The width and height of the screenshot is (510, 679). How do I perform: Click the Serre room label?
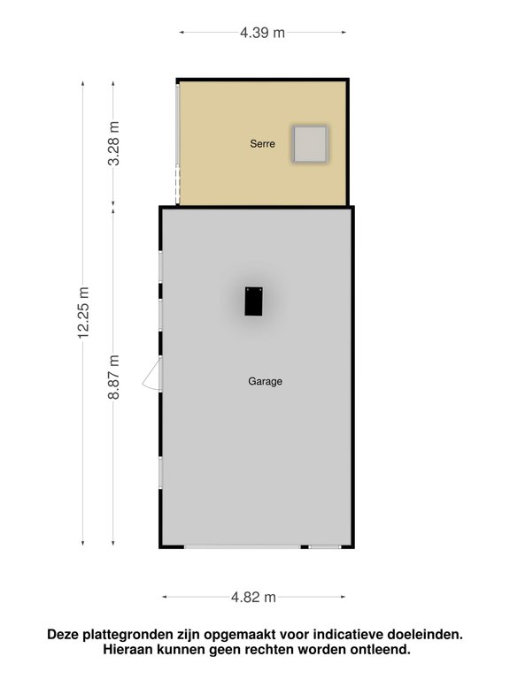262,143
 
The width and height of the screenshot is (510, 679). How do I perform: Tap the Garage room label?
265,381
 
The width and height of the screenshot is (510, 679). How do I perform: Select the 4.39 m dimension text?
262,33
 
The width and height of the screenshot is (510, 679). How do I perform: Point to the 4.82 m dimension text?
253,597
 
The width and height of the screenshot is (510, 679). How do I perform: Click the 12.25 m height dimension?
83,312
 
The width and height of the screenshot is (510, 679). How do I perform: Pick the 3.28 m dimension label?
113,143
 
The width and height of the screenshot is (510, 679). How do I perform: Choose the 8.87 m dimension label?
113,377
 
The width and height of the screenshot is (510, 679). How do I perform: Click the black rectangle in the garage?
253,301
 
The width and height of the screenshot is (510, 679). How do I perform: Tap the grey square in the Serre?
310,144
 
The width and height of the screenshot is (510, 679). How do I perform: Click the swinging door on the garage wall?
151,375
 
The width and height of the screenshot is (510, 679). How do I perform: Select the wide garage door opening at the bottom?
243,547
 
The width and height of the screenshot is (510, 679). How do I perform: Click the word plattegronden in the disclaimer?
127,635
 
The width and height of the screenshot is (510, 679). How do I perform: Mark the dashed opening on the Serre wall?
177,185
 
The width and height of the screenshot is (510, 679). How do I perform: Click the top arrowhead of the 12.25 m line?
83,84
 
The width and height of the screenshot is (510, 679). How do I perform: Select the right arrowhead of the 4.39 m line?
344,32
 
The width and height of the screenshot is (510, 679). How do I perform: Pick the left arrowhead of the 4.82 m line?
165,597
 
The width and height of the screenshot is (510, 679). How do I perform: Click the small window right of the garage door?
325,547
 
